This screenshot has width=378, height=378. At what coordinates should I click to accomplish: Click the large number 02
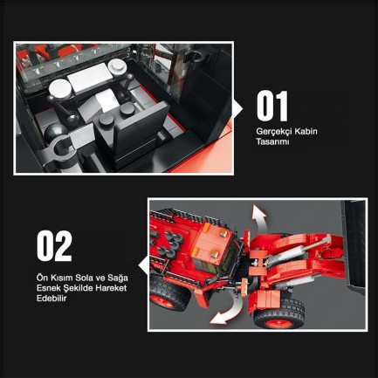pyautogui.click(x=54, y=247)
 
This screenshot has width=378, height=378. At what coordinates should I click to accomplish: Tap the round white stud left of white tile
pyautogui.click(x=61, y=89)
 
